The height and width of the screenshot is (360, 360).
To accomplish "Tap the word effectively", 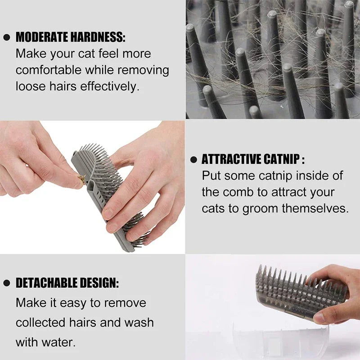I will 109,86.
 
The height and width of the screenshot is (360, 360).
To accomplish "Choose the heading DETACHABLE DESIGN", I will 67,283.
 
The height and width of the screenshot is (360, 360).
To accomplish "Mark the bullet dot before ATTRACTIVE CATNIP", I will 193,159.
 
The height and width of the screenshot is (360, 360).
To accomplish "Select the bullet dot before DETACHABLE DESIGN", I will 6,283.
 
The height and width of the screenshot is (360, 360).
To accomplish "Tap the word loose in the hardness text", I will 31,86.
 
